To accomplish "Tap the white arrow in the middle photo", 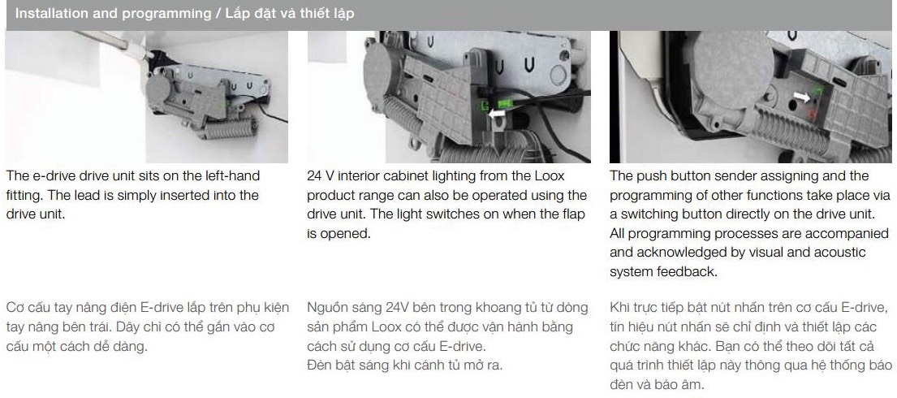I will pos(495,116).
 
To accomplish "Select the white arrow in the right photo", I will pos(801,96).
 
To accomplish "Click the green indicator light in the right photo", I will pos(817,89).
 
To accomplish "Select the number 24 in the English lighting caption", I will pos(314,176).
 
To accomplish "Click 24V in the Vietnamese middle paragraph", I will pos(394,308).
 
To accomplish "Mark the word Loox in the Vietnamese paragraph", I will pos(384,327).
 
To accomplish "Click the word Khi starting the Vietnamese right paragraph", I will pos(620,308).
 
